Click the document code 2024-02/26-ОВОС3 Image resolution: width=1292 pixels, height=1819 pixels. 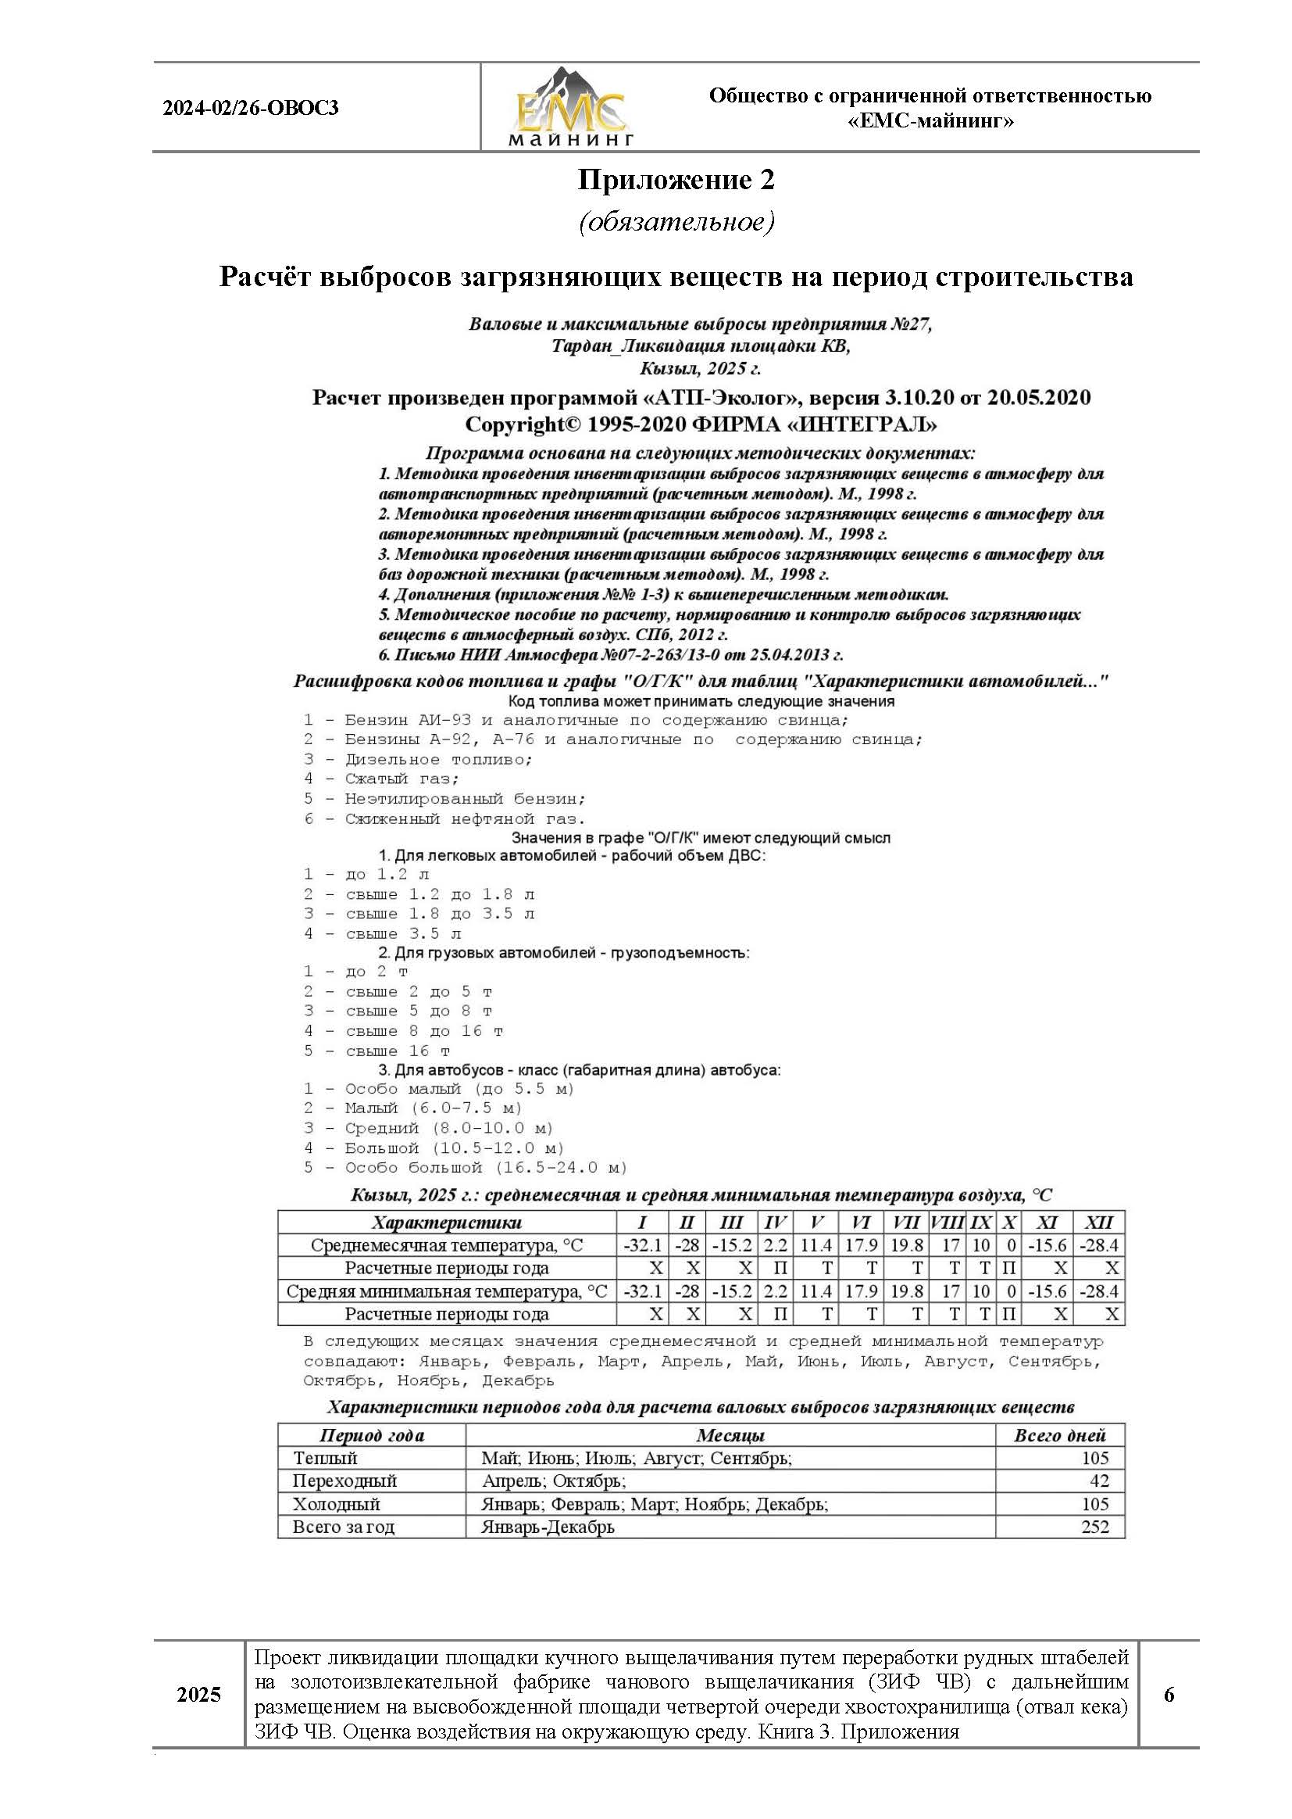(251, 108)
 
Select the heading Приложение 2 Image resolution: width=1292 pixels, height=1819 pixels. (676, 181)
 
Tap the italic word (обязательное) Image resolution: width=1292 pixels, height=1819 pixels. (676, 222)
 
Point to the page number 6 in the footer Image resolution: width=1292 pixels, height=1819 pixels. (1168, 1694)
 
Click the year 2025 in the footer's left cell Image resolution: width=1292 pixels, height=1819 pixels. (199, 1694)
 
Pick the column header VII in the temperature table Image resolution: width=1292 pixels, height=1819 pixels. (905, 1223)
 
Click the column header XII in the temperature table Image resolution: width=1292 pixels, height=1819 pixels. (1099, 1223)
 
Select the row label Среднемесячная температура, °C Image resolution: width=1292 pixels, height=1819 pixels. (446, 1245)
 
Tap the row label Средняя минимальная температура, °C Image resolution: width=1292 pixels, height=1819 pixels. (446, 1291)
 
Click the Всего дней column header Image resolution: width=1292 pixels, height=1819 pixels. (1059, 1435)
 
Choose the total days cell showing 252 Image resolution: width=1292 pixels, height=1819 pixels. (1094, 1527)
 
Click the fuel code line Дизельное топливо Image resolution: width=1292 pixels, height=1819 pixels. (437, 760)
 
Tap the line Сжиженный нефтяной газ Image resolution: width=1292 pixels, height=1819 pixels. (465, 818)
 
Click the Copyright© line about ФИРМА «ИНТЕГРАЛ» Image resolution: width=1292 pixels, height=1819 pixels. (700, 424)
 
